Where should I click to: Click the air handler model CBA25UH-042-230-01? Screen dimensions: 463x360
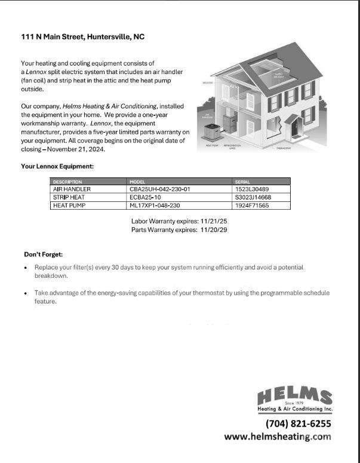159,189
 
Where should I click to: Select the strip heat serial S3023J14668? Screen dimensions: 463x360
253,197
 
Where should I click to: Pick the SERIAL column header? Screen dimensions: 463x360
243,182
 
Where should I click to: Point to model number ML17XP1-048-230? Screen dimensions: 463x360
155,206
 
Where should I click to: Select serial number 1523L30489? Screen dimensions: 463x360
252,189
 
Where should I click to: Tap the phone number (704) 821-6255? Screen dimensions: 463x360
298,424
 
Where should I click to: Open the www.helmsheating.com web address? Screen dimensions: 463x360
277,437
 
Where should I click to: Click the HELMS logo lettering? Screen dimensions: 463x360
295,395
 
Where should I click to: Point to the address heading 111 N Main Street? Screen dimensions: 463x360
82,37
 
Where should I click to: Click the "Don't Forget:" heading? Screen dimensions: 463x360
43,255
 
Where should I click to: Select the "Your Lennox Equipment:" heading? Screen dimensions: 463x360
57,167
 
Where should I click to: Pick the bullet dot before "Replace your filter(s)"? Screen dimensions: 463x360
26,268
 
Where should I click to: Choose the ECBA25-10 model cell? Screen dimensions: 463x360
145,197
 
